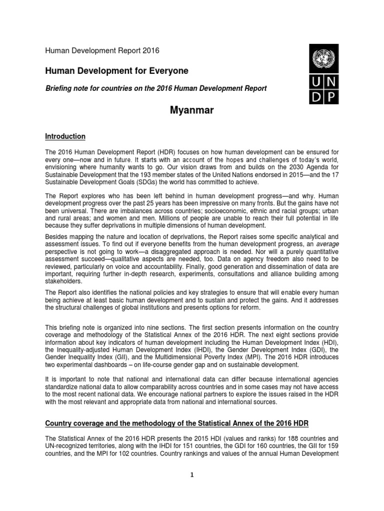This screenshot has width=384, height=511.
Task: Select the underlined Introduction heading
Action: (x=65, y=136)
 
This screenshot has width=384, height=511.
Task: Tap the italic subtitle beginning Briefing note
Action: (x=156, y=89)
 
